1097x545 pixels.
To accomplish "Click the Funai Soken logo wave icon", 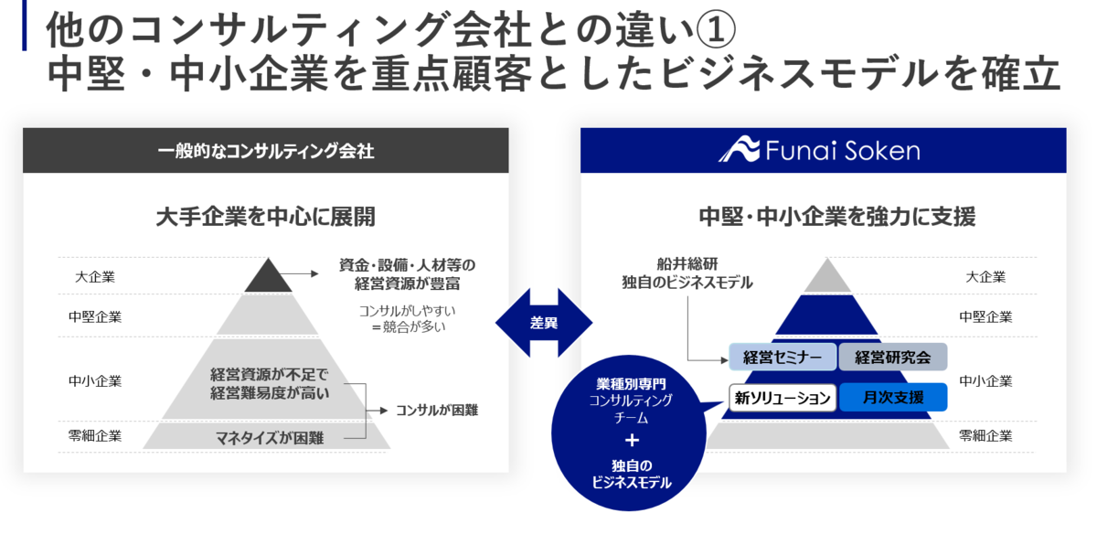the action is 739,149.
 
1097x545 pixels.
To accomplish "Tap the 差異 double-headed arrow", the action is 544,323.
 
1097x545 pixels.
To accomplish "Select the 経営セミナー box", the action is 783,357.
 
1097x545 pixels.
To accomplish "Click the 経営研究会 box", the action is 893,357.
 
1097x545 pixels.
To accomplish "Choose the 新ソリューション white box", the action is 783,398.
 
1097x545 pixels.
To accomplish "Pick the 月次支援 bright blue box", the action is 893,397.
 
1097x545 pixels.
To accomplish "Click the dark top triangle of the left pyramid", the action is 268,275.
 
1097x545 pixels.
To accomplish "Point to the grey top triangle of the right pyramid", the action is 827,275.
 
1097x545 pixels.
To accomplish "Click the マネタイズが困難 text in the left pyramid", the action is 270,438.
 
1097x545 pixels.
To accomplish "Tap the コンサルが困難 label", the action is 437,411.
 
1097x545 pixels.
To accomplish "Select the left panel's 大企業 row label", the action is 95,277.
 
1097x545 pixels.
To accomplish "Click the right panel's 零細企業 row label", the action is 985,436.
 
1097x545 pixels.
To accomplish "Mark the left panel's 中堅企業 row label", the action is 95,316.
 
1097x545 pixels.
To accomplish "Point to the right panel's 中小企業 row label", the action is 985,381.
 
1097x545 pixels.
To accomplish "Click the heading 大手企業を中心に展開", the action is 265,217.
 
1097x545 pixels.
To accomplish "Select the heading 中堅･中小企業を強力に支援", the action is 837,217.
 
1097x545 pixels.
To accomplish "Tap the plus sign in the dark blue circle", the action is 632,440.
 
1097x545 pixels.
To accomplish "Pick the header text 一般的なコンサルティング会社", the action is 266,151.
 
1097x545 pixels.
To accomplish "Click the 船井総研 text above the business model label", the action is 687,264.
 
